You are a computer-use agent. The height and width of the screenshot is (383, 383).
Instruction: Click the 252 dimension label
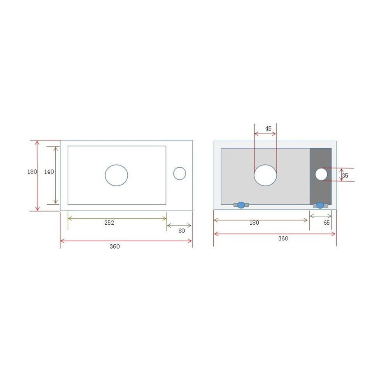[x=109, y=223]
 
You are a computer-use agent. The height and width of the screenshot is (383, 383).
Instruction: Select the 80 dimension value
[x=182, y=231]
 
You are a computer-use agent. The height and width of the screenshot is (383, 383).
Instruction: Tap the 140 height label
[x=49, y=172]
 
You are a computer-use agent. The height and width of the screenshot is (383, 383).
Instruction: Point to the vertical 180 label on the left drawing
[x=32, y=172]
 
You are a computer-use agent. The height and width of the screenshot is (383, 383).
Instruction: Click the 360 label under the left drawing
[x=115, y=246]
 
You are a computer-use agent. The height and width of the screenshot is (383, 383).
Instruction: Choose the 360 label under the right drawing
[x=283, y=239]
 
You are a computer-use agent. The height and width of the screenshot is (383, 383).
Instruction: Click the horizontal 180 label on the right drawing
[x=254, y=223]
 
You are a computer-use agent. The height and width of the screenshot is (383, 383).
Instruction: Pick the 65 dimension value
[x=327, y=223]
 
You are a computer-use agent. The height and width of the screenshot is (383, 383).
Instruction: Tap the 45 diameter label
[x=268, y=128]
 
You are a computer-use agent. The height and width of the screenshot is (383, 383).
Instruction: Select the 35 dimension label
[x=345, y=175]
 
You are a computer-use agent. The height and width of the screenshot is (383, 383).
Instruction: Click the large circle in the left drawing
[x=117, y=175]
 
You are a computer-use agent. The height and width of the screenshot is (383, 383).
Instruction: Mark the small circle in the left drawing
[x=180, y=173]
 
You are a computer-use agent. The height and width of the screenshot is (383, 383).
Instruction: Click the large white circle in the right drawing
[x=266, y=175]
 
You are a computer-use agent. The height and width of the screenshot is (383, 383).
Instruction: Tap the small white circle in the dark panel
[x=321, y=174]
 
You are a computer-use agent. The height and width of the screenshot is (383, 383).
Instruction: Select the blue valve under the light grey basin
[x=241, y=205]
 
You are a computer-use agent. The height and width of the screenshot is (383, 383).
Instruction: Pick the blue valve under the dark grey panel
[x=320, y=205]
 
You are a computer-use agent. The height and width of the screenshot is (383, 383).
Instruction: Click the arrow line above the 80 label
[x=179, y=226]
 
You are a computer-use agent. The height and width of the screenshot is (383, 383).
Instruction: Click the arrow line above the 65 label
[x=320, y=216]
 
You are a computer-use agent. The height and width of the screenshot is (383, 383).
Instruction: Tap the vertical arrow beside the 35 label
[x=341, y=174]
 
